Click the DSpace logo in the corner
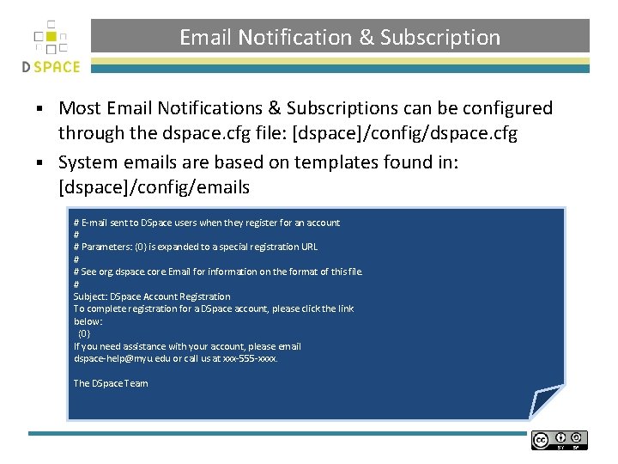pyautogui.click(x=51, y=47)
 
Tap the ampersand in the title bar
pyautogui.click(x=367, y=38)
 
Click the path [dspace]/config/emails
pyautogui.click(x=154, y=186)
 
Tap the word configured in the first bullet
pyautogui.click(x=500, y=108)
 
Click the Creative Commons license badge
pyautogui.click(x=559, y=441)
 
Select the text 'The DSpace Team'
pyautogui.click(x=111, y=383)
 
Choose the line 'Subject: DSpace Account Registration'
pyautogui.click(x=152, y=296)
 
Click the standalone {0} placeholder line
pyautogui.click(x=84, y=333)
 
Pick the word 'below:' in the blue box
pyautogui.click(x=88, y=321)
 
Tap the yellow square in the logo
pyautogui.click(x=51, y=36)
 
